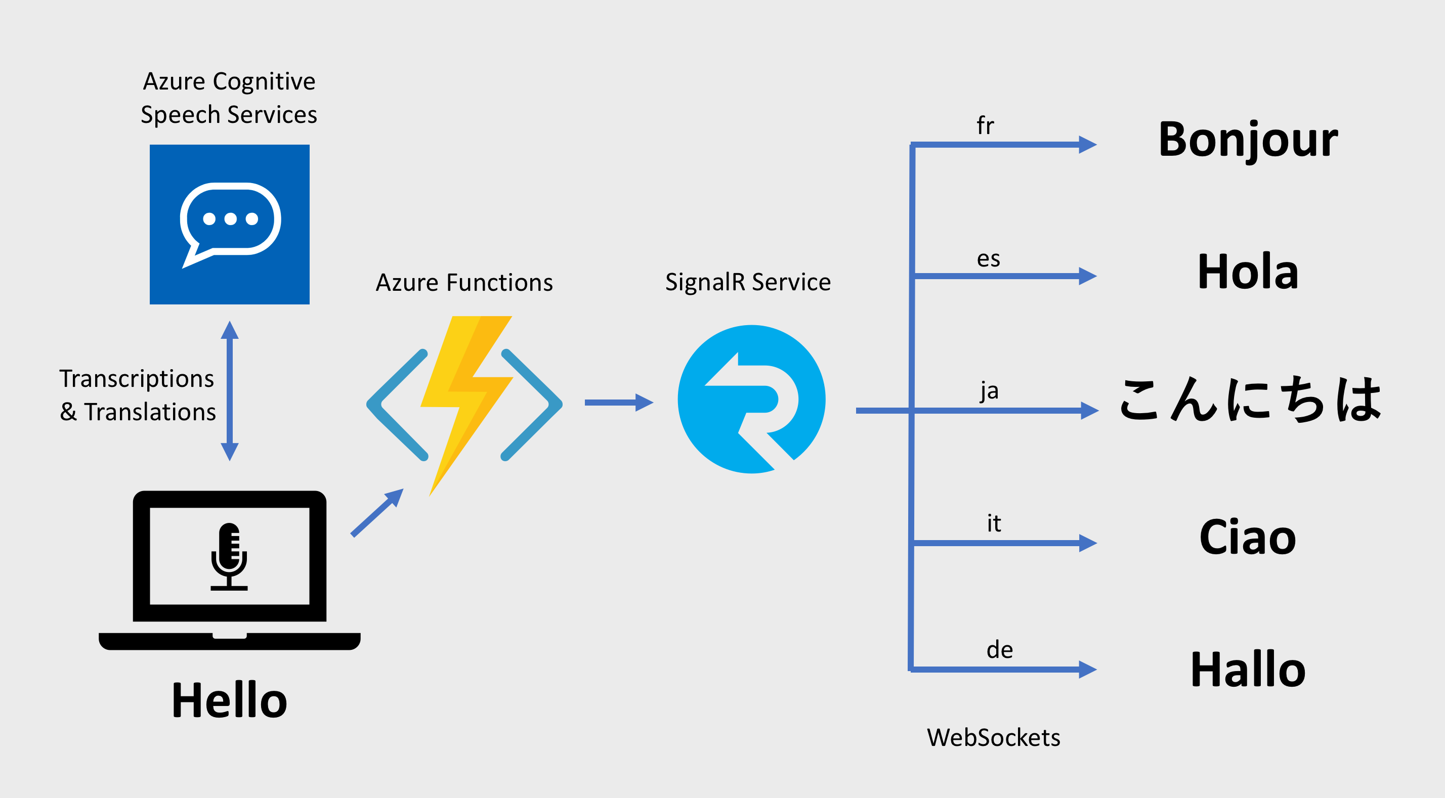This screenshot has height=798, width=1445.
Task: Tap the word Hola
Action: click(1248, 272)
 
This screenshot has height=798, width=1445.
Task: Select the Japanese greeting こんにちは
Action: click(1250, 400)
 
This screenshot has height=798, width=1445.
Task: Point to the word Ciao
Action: click(1248, 537)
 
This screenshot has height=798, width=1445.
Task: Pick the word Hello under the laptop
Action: click(229, 700)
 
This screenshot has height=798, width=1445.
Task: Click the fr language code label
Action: click(985, 125)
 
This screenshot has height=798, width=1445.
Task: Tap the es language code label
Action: click(989, 259)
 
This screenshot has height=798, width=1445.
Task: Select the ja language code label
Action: click(990, 390)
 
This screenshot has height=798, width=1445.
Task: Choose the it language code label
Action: click(994, 523)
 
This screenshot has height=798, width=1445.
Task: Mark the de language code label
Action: click(1000, 650)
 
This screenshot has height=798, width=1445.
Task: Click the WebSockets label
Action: click(994, 737)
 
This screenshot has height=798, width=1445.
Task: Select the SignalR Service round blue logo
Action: click(751, 400)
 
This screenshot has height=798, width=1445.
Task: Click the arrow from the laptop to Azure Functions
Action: click(376, 513)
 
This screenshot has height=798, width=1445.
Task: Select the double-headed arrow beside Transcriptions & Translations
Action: click(229, 391)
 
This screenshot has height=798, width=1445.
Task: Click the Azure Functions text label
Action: click(464, 283)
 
